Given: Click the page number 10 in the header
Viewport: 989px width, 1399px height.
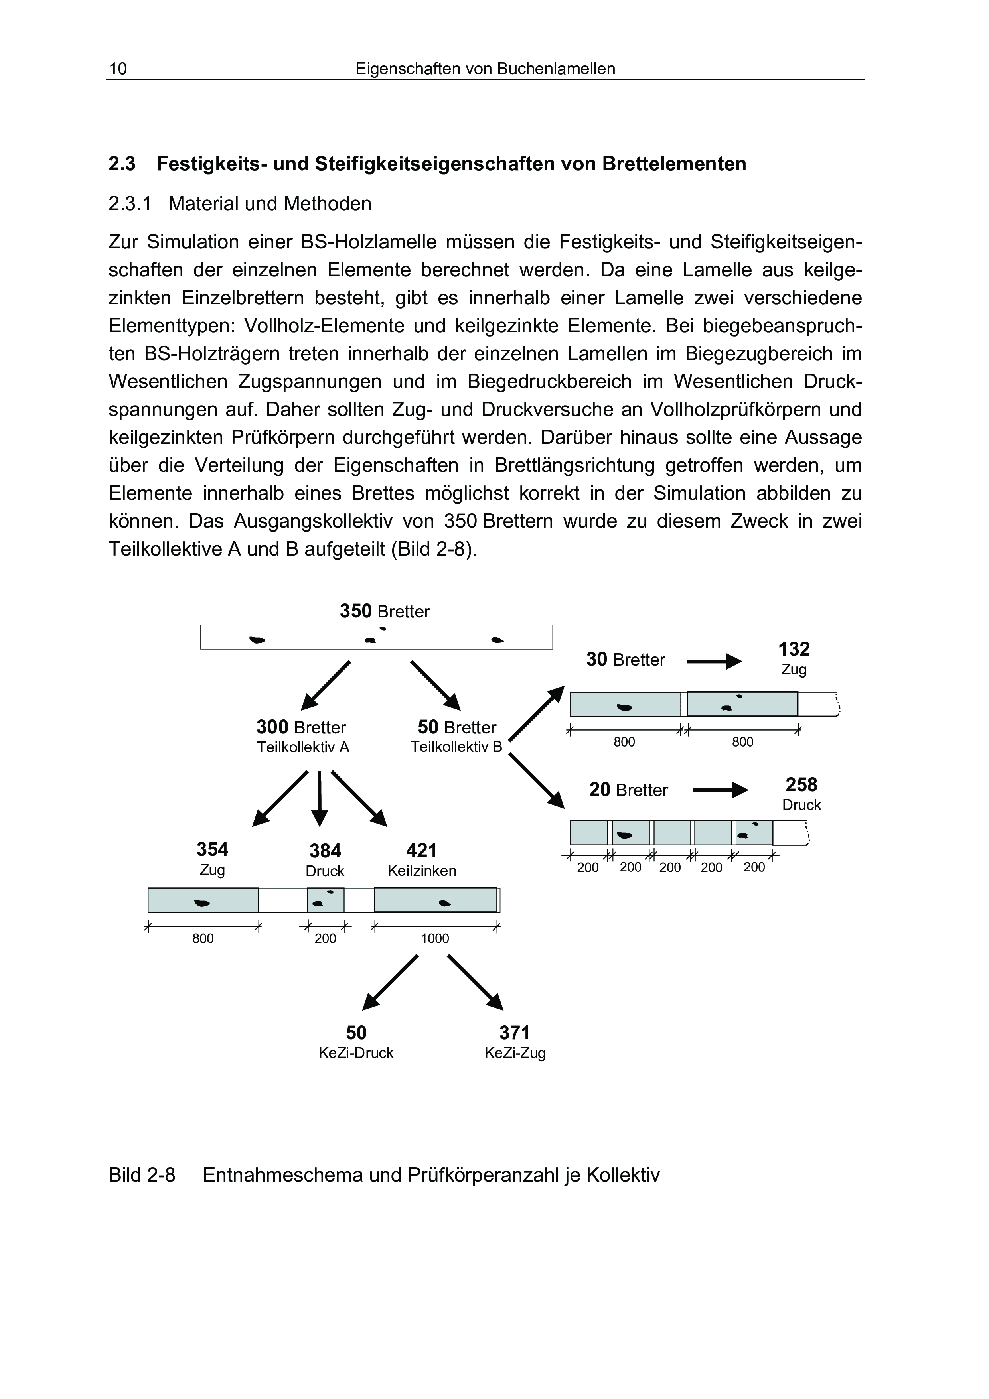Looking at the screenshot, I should click(x=118, y=69).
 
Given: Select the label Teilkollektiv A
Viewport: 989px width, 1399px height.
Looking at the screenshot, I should click(x=303, y=748).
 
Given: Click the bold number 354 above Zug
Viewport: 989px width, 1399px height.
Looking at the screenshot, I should click(x=212, y=849).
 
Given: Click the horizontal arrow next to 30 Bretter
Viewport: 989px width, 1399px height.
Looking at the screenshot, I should click(x=714, y=661).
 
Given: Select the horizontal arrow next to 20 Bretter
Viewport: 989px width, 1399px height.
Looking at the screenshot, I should click(x=720, y=790).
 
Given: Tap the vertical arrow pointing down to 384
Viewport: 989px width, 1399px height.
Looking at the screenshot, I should click(x=319, y=799).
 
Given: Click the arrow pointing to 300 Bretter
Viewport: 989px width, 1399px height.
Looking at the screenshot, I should click(x=326, y=686).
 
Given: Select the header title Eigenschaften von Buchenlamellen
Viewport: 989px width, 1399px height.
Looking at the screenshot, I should click(x=485, y=69).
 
